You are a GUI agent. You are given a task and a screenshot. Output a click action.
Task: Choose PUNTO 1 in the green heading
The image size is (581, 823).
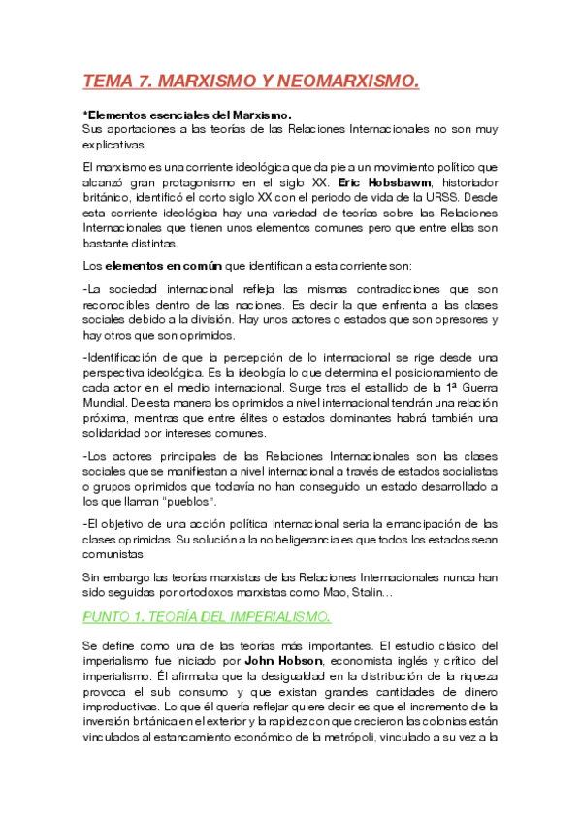pyautogui.click(x=121, y=616)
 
